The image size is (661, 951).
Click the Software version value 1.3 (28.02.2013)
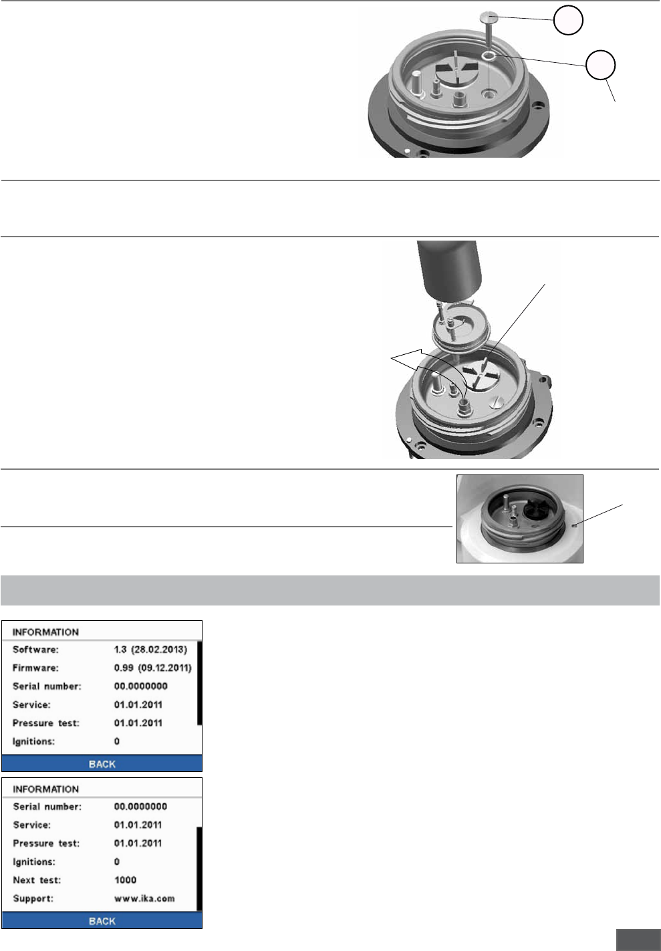(x=150, y=650)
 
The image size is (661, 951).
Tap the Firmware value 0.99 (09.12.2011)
(x=153, y=668)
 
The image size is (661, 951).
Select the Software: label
(x=35, y=650)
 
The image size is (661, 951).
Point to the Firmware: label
(x=35, y=668)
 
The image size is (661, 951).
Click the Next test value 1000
(x=125, y=880)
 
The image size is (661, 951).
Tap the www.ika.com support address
(x=144, y=898)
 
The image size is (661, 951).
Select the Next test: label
(x=37, y=880)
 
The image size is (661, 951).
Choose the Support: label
(x=33, y=899)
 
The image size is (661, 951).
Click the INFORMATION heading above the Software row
(x=45, y=632)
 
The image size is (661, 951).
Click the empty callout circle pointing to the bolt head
(x=568, y=20)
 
